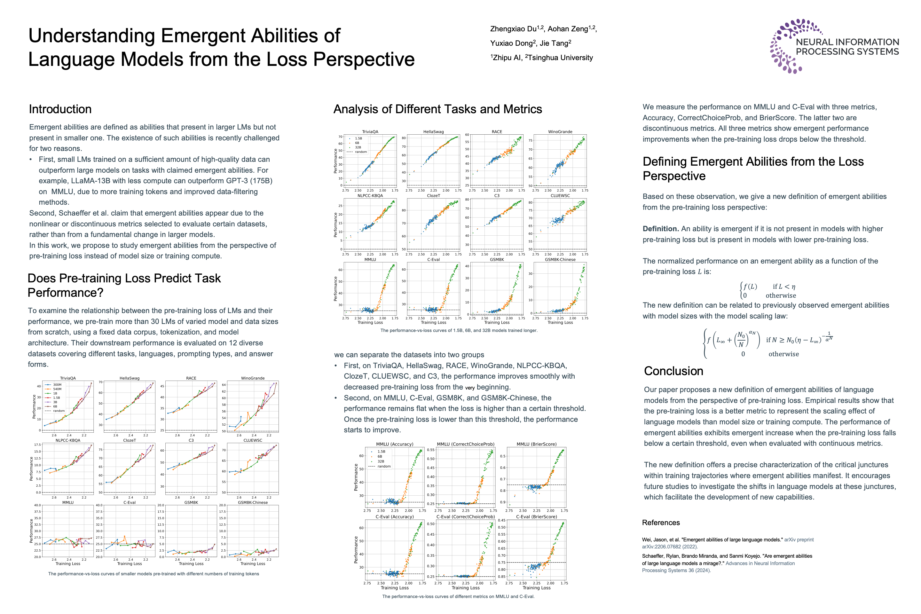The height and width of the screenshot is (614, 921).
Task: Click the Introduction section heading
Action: point(60,109)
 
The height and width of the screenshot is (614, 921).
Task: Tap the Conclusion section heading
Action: point(673,371)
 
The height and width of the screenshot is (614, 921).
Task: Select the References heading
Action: point(661,523)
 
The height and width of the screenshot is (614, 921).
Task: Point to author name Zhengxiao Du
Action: point(513,29)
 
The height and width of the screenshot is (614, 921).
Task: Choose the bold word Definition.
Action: point(660,229)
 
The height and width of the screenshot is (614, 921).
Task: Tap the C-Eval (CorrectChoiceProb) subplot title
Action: point(466,516)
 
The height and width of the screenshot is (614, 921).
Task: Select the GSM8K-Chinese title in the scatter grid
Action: point(560,260)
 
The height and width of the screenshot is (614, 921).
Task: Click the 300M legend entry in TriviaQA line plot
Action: point(57,384)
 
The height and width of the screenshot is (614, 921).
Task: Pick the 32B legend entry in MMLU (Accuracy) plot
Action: point(381,461)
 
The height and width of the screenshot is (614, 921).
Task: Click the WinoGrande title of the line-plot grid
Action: point(253,378)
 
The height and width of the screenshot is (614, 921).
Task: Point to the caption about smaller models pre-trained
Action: point(153,574)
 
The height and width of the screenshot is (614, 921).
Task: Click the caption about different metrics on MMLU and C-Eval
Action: point(458,596)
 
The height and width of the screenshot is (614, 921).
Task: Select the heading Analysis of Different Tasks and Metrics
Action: point(437,109)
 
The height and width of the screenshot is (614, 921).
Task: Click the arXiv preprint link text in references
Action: point(799,539)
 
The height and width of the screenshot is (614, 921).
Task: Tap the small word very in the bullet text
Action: point(470,388)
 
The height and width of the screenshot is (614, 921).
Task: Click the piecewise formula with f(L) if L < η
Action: point(767,291)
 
